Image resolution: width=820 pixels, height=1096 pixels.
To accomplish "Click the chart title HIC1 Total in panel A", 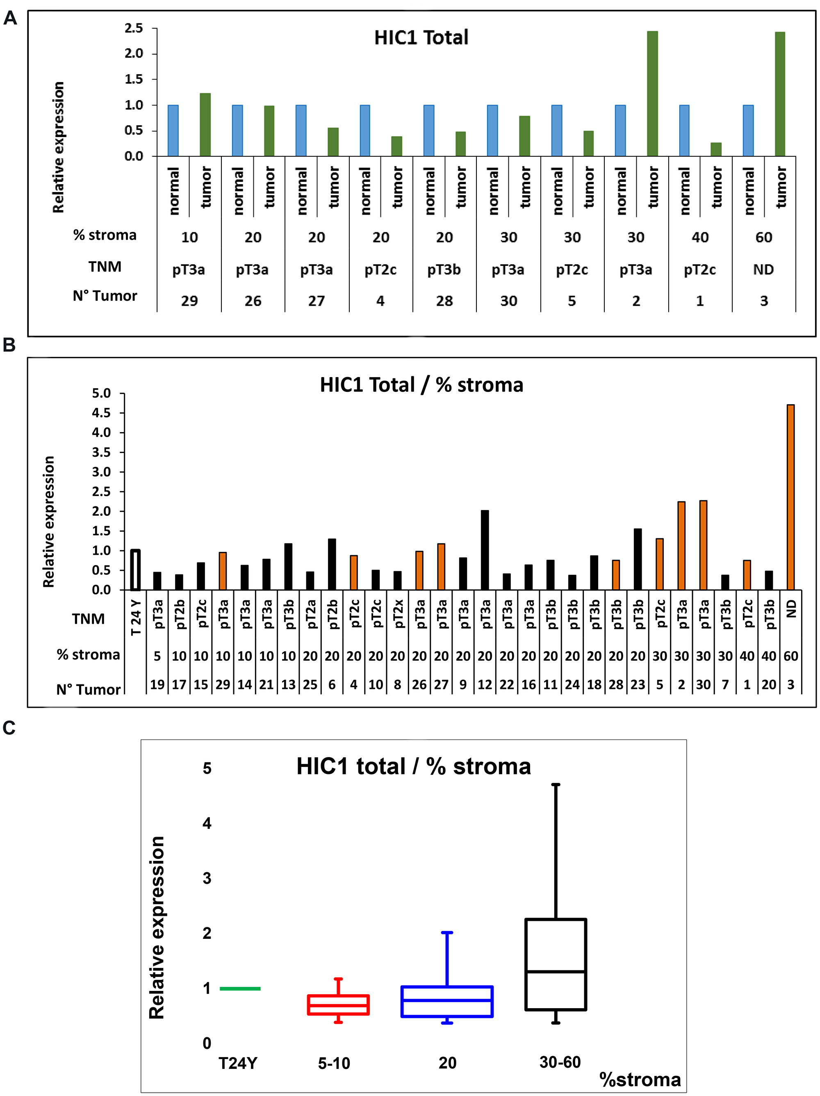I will pos(421,38).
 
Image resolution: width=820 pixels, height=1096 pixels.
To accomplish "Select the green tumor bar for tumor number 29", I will pos(205,125).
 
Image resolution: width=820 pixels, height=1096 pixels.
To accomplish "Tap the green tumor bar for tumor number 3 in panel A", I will pos(779,94).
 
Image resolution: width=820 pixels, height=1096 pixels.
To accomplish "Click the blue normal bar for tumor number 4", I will pos(365,131).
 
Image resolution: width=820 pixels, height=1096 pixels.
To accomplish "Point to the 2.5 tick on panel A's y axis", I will pos(134,28).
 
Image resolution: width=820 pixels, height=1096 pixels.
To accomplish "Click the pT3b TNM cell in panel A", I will pos(444,270).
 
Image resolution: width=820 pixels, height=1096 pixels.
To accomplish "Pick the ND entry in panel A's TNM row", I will pos(763,270).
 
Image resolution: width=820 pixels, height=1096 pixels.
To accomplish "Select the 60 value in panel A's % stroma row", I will pos(763,237).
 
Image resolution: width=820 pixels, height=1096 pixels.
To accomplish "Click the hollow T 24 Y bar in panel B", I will pos(135,570).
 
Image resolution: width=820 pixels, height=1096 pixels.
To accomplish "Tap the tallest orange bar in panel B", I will pos(790,497).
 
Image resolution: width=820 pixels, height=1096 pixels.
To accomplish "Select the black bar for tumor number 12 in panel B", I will pos(485,550).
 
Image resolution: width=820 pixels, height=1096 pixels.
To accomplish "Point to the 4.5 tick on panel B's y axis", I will pos(102,413).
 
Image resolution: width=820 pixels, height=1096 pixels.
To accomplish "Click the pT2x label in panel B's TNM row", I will pos(398,614).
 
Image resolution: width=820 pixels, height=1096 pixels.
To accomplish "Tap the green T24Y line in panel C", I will pos(240,988).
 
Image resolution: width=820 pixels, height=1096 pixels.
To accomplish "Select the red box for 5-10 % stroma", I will pos(338,1005).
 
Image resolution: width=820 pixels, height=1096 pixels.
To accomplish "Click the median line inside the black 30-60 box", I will pos(556,972).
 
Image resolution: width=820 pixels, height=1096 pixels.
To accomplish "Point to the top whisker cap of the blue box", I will pos(447,933).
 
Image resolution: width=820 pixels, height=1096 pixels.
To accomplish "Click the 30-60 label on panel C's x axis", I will pos(560,1062).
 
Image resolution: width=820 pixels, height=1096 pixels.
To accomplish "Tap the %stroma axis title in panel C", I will pos(640,1080).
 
